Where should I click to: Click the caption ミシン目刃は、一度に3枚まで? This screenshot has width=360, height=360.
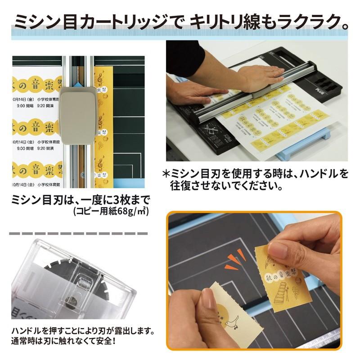click(x=80, y=199)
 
